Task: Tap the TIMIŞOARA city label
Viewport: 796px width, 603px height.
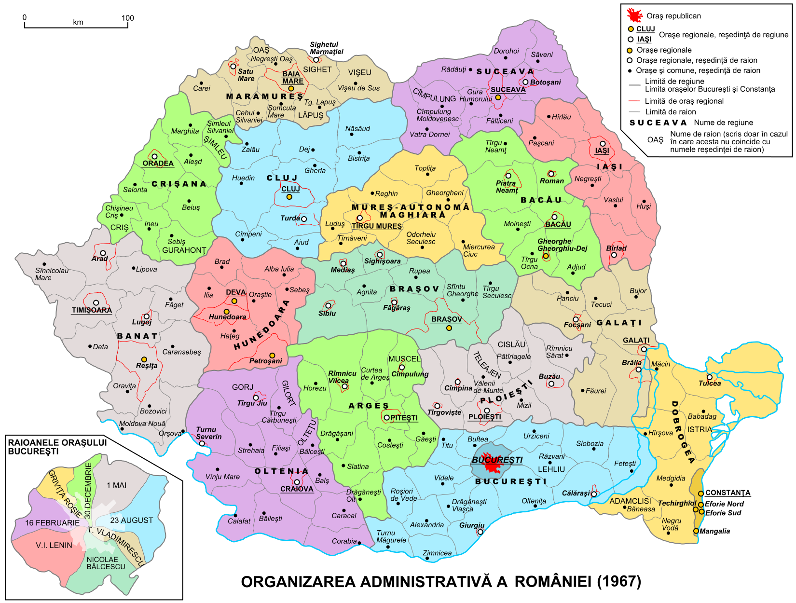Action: coord(92,310)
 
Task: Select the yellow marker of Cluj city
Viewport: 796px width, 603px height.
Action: coord(289,197)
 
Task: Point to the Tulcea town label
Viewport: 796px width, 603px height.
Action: coord(710,384)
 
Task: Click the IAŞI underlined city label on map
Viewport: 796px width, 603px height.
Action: coord(602,151)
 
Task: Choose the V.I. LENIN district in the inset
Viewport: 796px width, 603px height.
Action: coord(54,545)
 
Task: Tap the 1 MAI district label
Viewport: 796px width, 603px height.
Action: coord(117,485)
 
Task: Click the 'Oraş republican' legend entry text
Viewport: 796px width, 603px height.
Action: coord(673,16)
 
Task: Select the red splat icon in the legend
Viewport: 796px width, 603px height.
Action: coord(634,15)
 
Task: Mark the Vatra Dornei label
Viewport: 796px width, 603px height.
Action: coord(429,135)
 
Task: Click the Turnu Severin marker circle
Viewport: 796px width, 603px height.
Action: coord(202,443)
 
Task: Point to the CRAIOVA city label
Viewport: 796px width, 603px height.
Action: coord(297,489)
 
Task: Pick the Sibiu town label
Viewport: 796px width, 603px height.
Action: coord(327,314)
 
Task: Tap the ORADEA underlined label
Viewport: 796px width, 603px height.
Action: coord(158,164)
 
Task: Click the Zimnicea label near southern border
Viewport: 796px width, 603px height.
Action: coord(437,553)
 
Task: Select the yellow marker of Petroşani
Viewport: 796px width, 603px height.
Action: coord(272,356)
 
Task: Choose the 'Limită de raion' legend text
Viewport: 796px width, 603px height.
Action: coord(671,112)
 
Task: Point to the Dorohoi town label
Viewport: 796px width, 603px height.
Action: coord(506,51)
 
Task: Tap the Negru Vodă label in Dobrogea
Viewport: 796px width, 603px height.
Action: coord(671,524)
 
